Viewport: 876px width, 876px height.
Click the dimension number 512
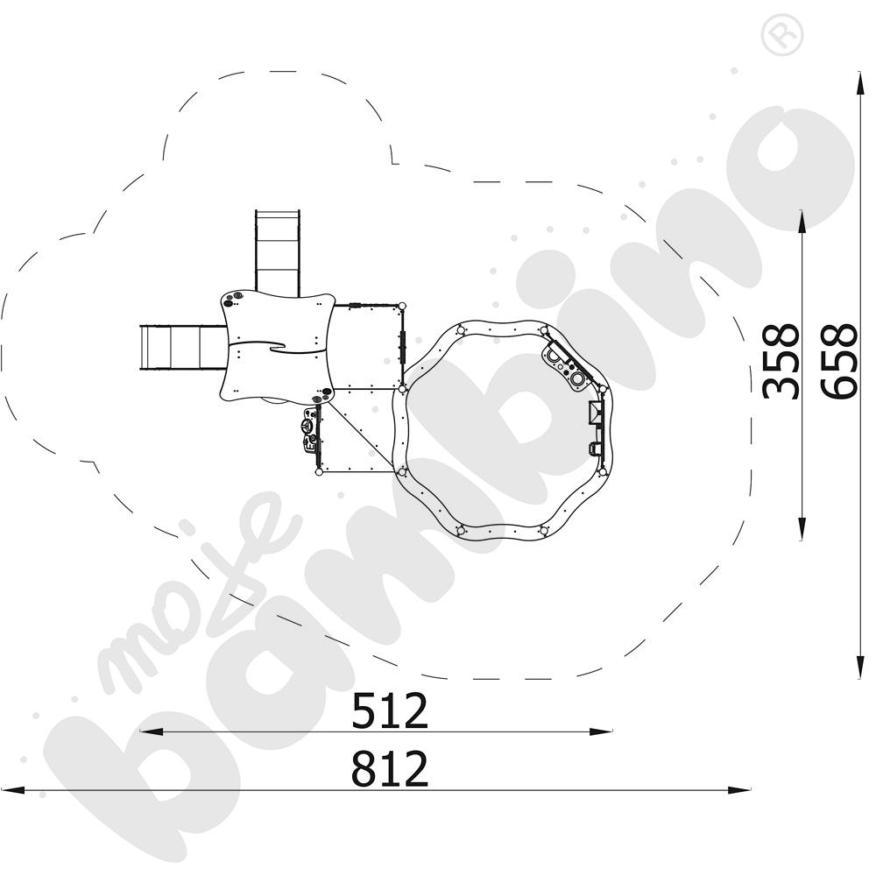pos(390,710)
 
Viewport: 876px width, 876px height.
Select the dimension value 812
pos(390,768)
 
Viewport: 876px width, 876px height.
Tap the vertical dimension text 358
pos(781,362)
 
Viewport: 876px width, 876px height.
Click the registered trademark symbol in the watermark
pos(782,35)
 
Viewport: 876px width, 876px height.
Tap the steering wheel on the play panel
pos(306,427)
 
